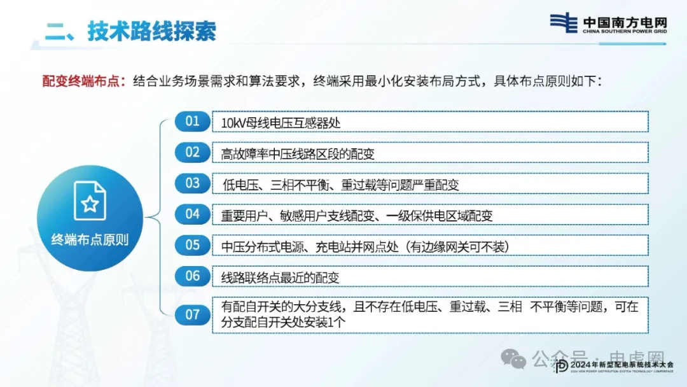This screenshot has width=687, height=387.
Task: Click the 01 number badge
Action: (x=192, y=122)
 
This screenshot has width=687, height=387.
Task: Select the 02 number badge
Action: (x=192, y=153)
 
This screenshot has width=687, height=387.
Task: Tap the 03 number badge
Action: (x=192, y=183)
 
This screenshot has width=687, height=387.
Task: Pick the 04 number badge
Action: (x=192, y=215)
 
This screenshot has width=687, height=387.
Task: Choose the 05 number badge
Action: (x=192, y=246)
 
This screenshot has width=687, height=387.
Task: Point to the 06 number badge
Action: (x=192, y=276)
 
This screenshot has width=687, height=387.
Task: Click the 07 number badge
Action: (x=192, y=314)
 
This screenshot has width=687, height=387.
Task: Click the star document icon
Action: (x=90, y=201)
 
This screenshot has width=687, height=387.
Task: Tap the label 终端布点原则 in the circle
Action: (x=90, y=240)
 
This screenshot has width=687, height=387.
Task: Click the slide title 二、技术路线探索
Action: (x=130, y=31)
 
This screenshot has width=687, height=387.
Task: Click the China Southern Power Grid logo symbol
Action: (x=564, y=23)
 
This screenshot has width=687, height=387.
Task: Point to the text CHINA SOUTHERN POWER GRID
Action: (x=625, y=32)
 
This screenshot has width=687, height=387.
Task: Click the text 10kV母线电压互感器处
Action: (x=281, y=123)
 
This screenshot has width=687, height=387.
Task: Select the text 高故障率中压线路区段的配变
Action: (x=298, y=154)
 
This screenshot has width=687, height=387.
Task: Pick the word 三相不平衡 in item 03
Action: (x=300, y=185)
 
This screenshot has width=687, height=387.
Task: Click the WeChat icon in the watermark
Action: (x=513, y=359)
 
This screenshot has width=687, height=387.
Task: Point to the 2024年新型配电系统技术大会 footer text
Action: (x=621, y=365)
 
